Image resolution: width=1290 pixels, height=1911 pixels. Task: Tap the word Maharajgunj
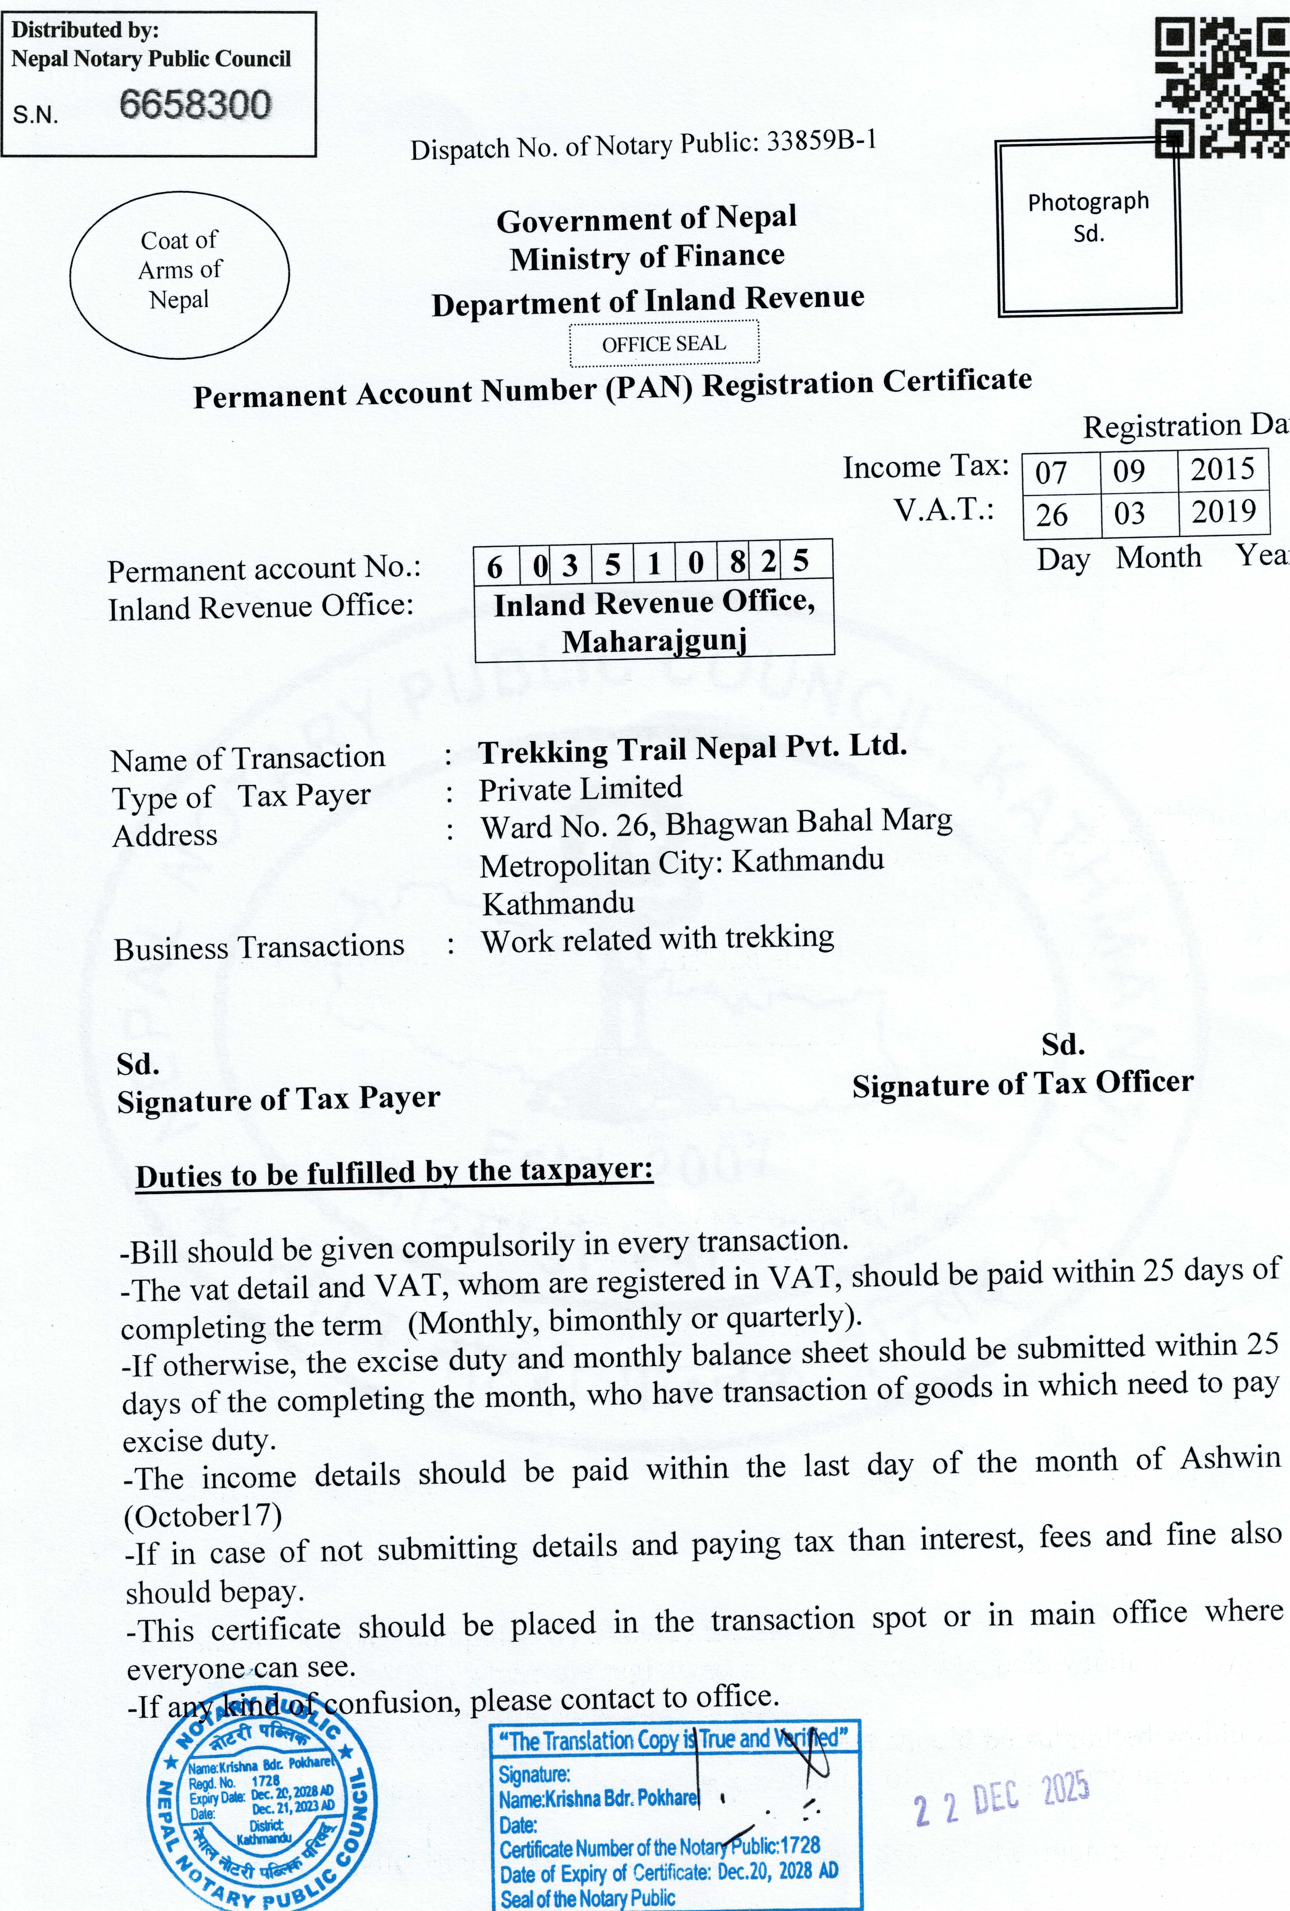655,641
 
